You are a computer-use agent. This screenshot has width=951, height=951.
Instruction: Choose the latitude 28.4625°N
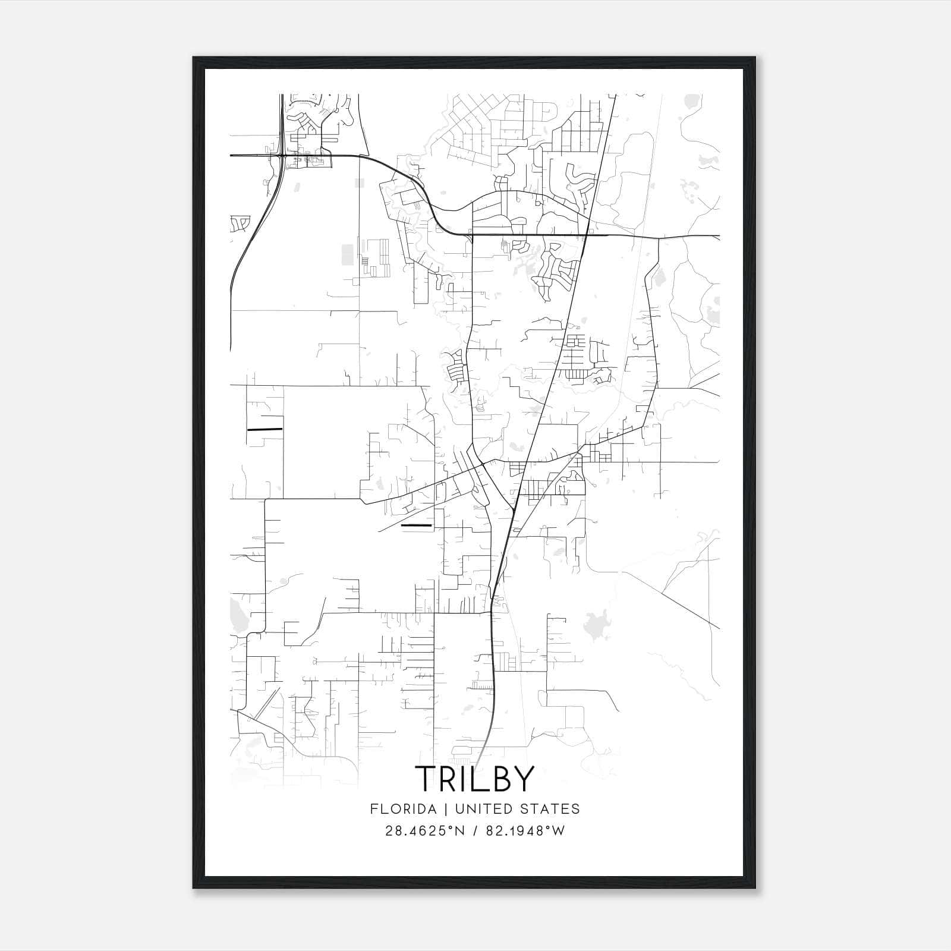(425, 830)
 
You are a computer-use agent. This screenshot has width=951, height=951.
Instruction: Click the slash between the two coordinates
(475, 830)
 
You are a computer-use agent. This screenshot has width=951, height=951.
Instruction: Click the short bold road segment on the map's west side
(264, 429)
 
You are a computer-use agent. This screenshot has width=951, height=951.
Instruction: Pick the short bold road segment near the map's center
(417, 525)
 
